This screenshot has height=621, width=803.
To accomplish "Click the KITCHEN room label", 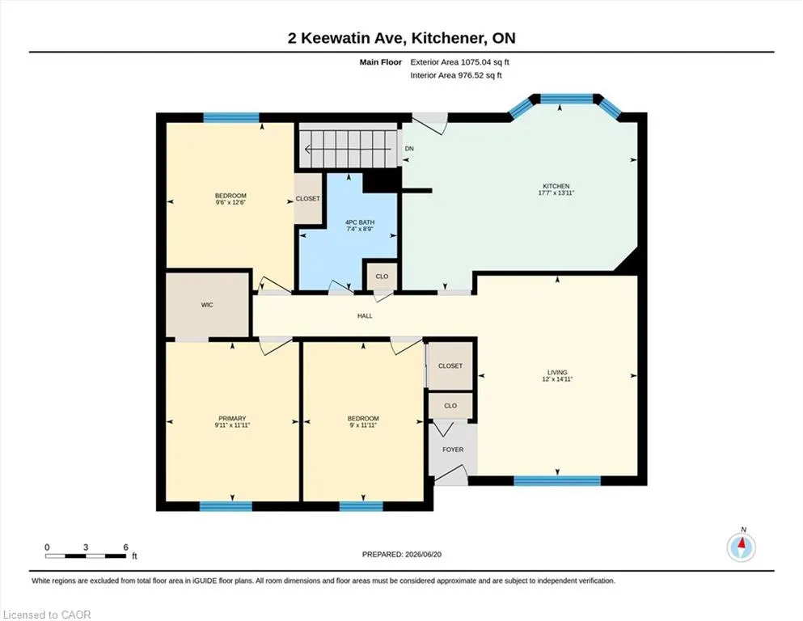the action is tap(556, 186).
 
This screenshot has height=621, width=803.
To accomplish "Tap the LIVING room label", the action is tap(557, 373).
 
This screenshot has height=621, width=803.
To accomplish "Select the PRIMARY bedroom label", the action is tap(232, 418).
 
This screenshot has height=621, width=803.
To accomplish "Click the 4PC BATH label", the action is tap(360, 222).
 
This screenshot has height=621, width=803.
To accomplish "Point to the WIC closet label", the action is tap(207, 305).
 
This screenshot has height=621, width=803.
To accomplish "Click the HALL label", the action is tap(365, 316).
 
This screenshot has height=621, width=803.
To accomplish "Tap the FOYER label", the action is tap(453, 450).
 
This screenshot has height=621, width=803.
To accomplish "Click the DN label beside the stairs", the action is tap(409, 149).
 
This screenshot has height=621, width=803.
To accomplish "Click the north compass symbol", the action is tap(741, 547).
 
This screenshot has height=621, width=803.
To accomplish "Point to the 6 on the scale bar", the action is tap(125, 547).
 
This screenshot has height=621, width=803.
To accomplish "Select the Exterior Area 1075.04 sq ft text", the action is tap(459, 62).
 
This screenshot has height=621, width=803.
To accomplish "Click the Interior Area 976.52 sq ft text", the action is tap(456, 75).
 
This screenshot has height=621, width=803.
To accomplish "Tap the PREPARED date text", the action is tap(401, 555).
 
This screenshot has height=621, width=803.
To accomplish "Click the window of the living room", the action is tap(557, 481).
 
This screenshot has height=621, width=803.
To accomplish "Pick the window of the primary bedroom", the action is tap(226, 506).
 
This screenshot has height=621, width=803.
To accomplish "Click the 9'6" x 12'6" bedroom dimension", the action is tap(230, 202).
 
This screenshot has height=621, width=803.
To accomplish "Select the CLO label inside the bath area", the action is tap(382, 277).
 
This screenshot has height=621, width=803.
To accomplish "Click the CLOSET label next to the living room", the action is tap(450, 366).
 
